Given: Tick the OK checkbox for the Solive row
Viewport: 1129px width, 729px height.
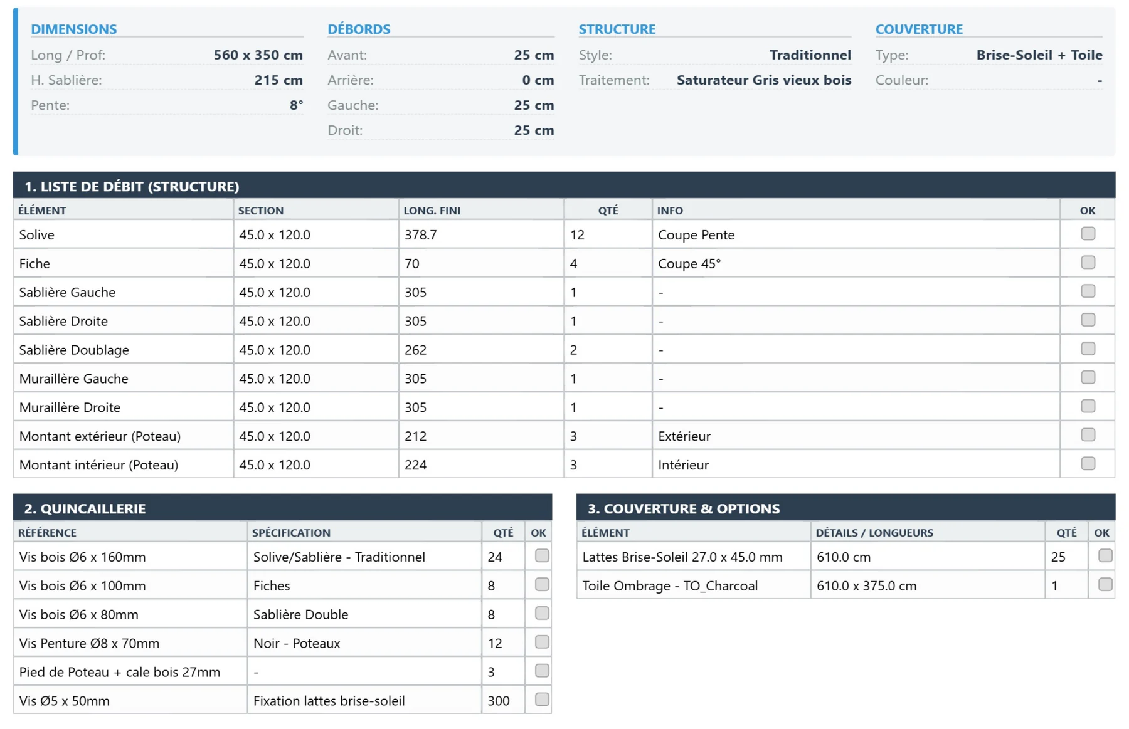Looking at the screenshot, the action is pyautogui.click(x=1088, y=234).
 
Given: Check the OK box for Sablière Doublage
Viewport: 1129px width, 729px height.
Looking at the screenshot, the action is pyautogui.click(x=1088, y=349).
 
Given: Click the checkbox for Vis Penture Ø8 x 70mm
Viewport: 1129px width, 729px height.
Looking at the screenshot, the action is pyautogui.click(x=542, y=642).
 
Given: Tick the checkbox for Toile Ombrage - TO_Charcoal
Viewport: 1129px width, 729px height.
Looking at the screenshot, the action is pyautogui.click(x=1105, y=584).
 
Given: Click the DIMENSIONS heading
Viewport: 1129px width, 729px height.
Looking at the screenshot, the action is pyautogui.click(x=74, y=29).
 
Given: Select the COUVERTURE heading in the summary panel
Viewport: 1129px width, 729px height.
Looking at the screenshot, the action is pyautogui.click(x=919, y=29).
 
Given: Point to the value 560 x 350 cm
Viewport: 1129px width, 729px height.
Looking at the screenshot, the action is pyautogui.click(x=258, y=55).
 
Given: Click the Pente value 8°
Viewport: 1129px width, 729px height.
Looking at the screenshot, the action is pyautogui.click(x=296, y=105).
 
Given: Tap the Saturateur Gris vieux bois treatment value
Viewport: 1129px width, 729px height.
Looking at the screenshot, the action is pyautogui.click(x=764, y=80).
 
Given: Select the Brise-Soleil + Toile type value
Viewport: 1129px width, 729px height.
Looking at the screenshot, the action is pyautogui.click(x=1039, y=55).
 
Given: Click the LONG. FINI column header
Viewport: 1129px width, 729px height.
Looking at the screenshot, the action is pyautogui.click(x=432, y=211).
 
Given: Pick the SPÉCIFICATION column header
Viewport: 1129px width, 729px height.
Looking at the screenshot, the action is pyautogui.click(x=291, y=533).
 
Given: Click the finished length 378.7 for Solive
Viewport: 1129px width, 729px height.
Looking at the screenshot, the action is pyautogui.click(x=420, y=235).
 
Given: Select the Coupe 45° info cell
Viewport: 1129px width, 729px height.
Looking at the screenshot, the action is pyautogui.click(x=689, y=264).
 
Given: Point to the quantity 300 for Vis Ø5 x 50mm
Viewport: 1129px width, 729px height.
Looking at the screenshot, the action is pyautogui.click(x=499, y=701).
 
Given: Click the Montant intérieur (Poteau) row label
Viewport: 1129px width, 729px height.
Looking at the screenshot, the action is pyautogui.click(x=98, y=465).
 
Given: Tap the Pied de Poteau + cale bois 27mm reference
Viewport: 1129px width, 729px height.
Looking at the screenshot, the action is pyautogui.click(x=120, y=672).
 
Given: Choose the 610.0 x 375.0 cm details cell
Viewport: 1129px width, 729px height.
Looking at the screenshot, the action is pyautogui.click(x=866, y=585).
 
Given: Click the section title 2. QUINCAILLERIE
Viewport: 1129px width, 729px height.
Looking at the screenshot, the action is pyautogui.click(x=85, y=508).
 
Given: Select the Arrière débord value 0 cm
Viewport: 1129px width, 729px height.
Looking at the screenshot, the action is pyautogui.click(x=538, y=80).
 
